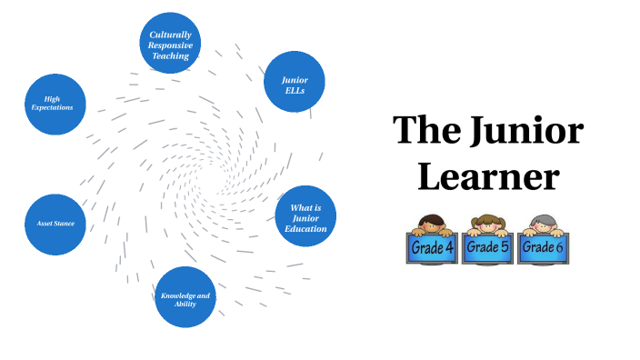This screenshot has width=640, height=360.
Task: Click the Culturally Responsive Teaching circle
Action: pos(170,44)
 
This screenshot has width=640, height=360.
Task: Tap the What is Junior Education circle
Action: pos(305,216)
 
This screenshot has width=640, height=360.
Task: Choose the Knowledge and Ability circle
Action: pos(185,296)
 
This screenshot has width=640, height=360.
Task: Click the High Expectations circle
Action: pos(55,104)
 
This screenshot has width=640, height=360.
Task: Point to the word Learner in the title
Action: pos(488,175)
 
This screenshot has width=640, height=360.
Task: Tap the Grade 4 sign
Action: pos(432,248)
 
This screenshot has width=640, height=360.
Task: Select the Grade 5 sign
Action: pos(488,247)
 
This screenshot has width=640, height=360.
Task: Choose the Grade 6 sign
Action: pos(544,248)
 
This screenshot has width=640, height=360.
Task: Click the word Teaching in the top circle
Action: pos(170,56)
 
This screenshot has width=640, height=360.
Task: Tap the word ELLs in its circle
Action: pos(294,91)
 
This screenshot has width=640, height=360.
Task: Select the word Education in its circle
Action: pos(305,229)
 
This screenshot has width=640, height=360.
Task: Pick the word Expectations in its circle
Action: pos(52,108)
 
